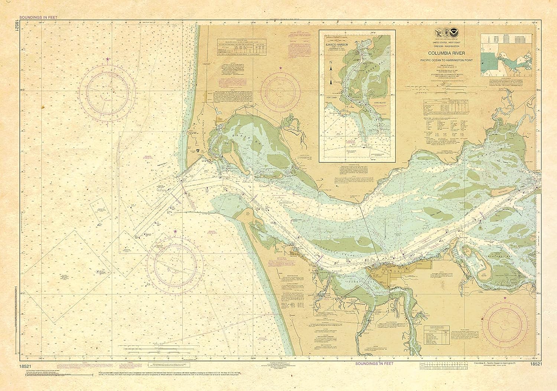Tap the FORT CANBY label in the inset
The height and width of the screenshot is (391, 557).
pos(331,98)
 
